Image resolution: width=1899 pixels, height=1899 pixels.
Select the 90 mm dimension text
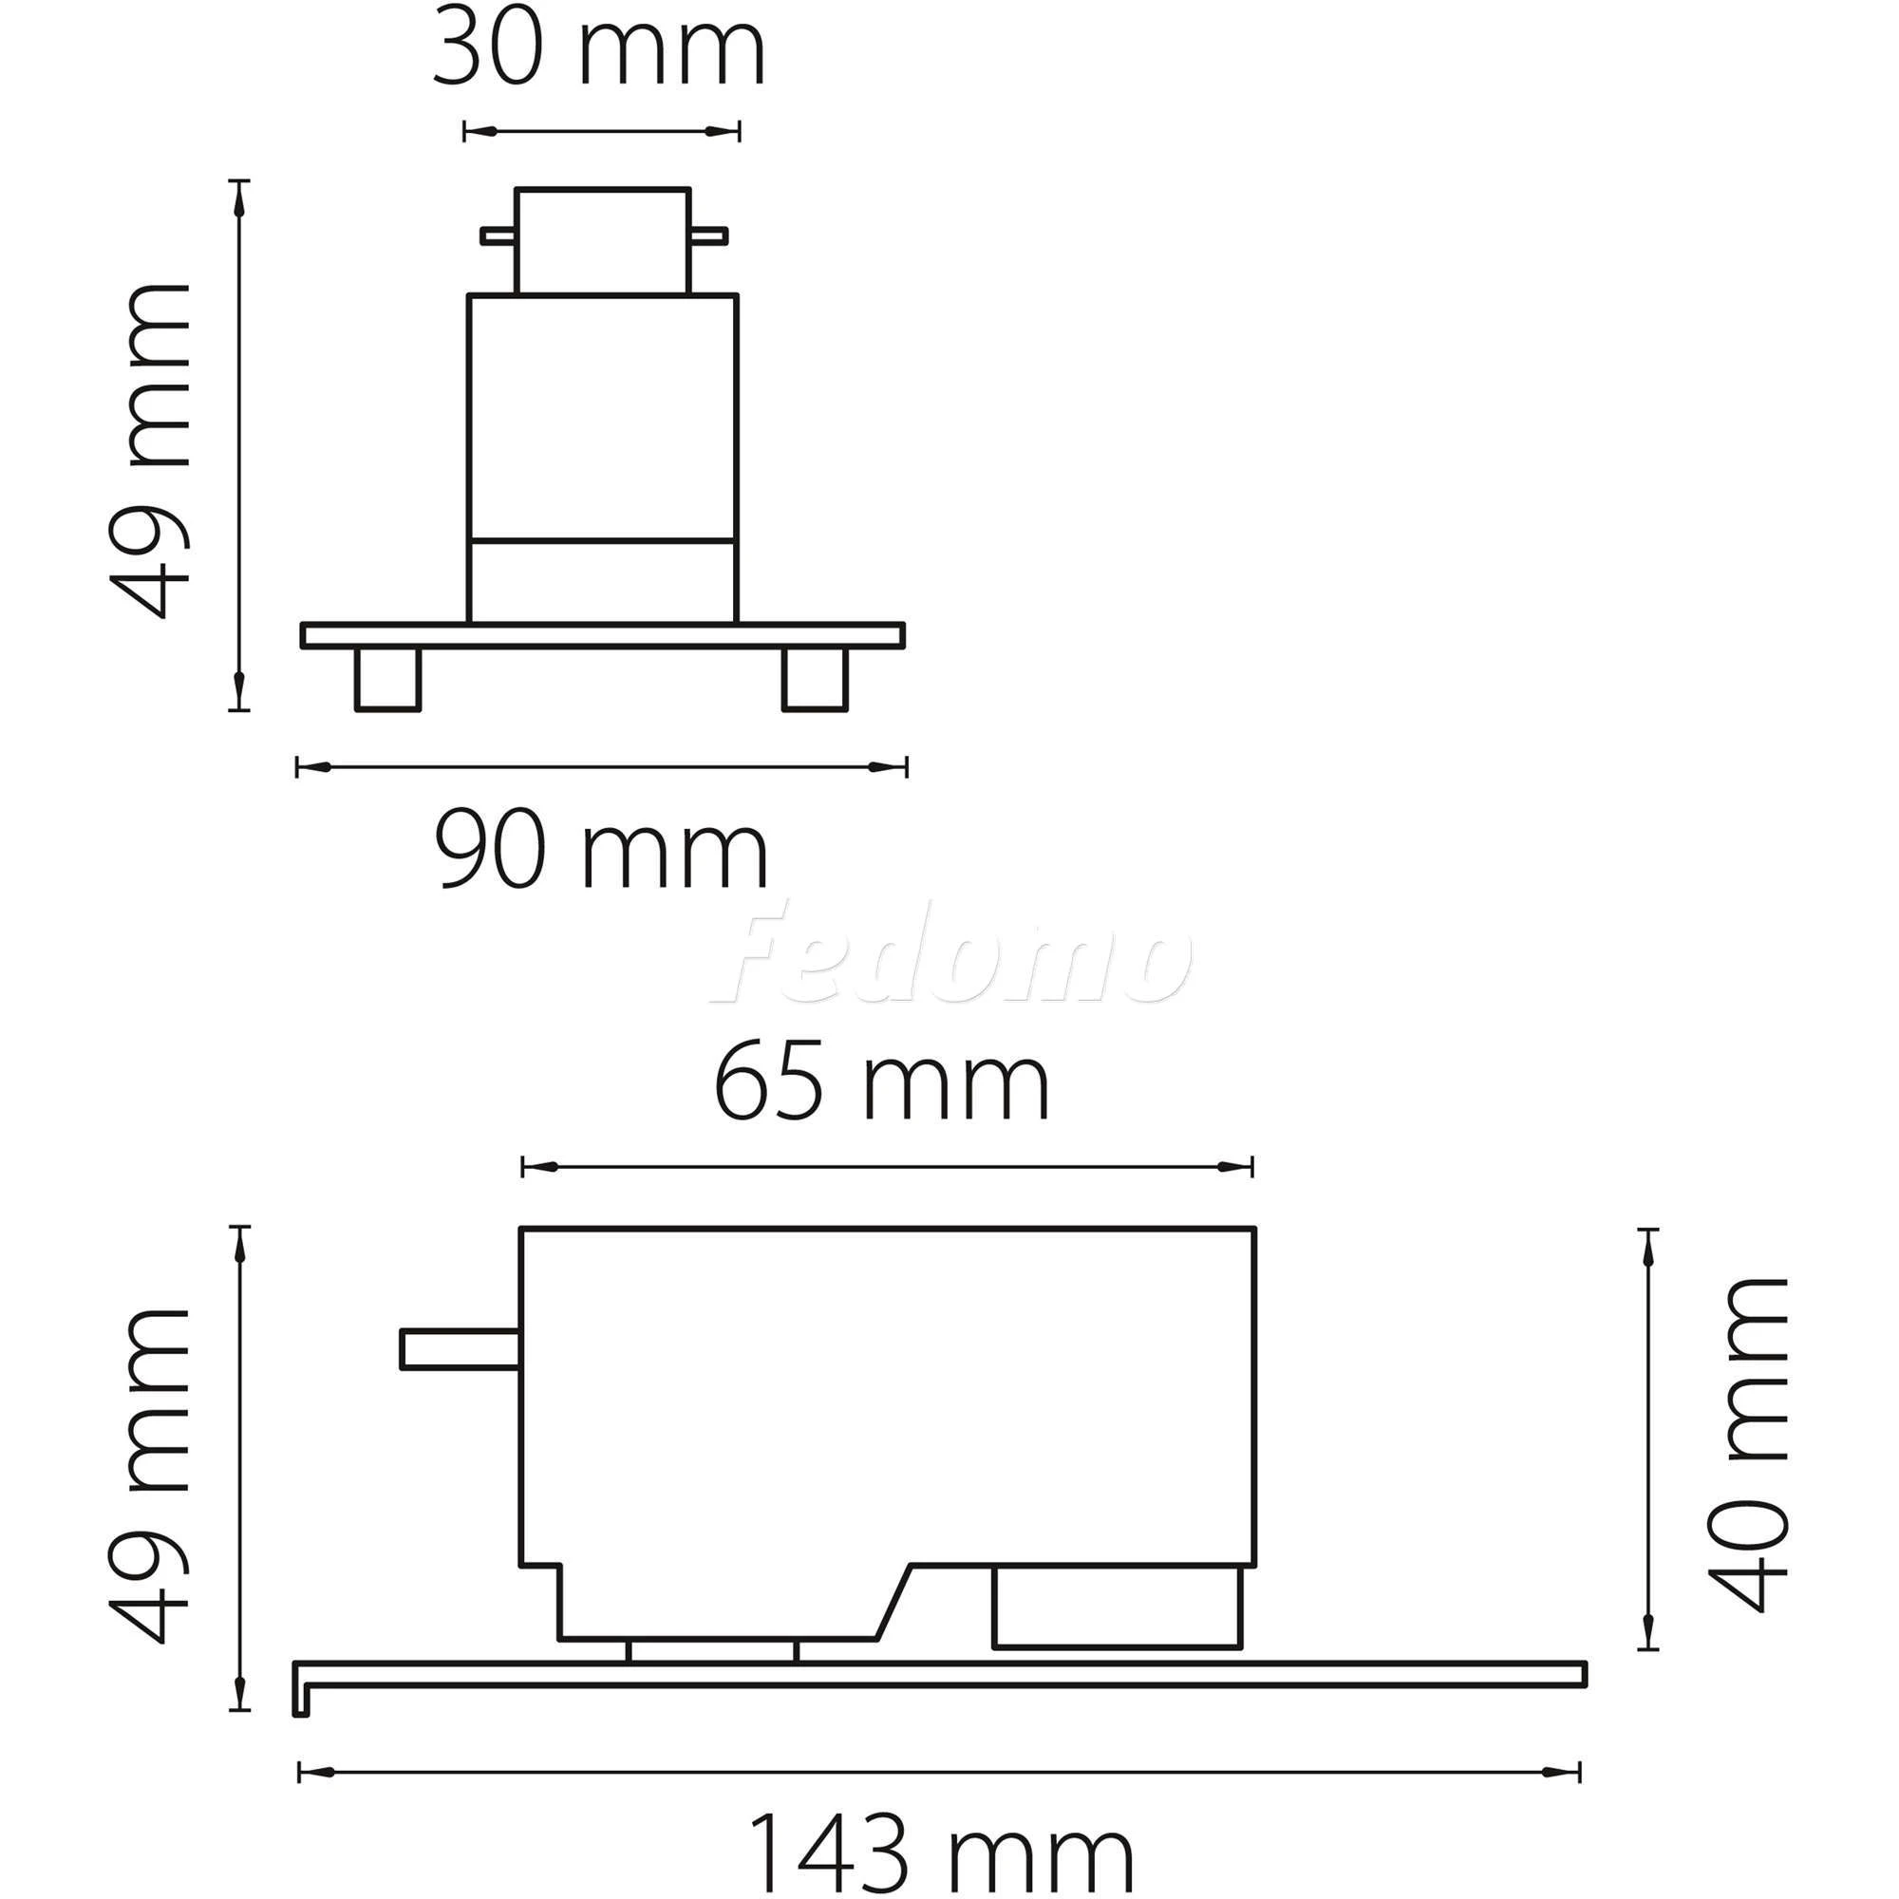point(601,854)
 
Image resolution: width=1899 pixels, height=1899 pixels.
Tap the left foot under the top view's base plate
point(387,678)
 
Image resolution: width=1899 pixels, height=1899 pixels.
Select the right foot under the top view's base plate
point(815,678)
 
